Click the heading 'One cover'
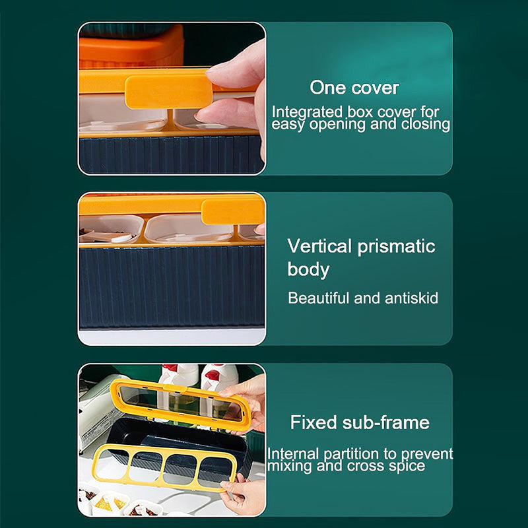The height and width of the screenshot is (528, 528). pyautogui.click(x=354, y=88)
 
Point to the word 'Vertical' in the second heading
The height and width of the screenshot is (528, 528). pyautogui.click(x=320, y=246)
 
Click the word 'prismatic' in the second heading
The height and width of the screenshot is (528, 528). pyautogui.click(x=397, y=246)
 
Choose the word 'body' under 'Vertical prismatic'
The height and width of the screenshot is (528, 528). pyautogui.click(x=308, y=269)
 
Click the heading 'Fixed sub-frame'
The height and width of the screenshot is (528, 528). pyautogui.click(x=360, y=422)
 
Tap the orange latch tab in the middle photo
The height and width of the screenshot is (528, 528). pyautogui.click(x=232, y=212)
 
